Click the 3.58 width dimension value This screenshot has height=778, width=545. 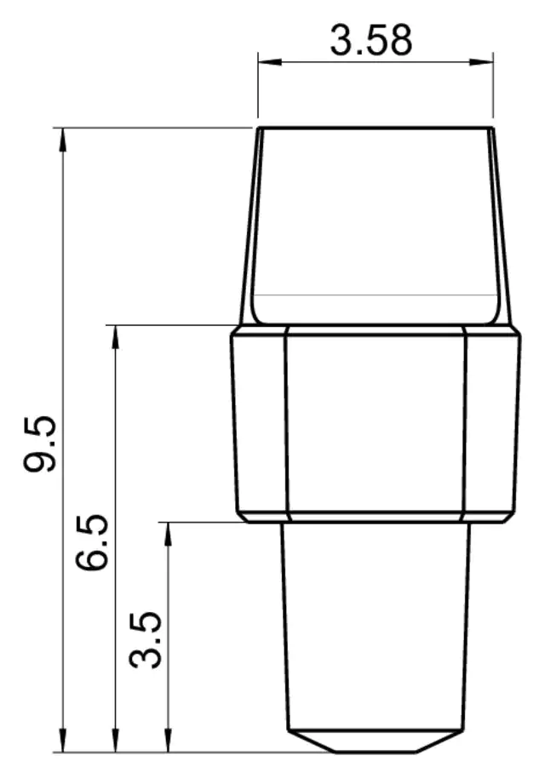[x=370, y=40]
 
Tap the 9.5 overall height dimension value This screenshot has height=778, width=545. [x=40, y=443]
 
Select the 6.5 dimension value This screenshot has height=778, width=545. [x=92, y=542]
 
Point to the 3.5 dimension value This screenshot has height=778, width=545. [x=145, y=640]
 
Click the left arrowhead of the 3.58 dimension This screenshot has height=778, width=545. [x=270, y=62]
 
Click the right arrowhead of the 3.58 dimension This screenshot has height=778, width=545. [x=481, y=62]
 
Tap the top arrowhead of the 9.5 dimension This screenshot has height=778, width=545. [x=62, y=140]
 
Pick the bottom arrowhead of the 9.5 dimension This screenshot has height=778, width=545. [x=62, y=741]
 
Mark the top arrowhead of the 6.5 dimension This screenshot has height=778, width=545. [x=116, y=337]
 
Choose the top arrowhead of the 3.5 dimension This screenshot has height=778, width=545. [x=169, y=534]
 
